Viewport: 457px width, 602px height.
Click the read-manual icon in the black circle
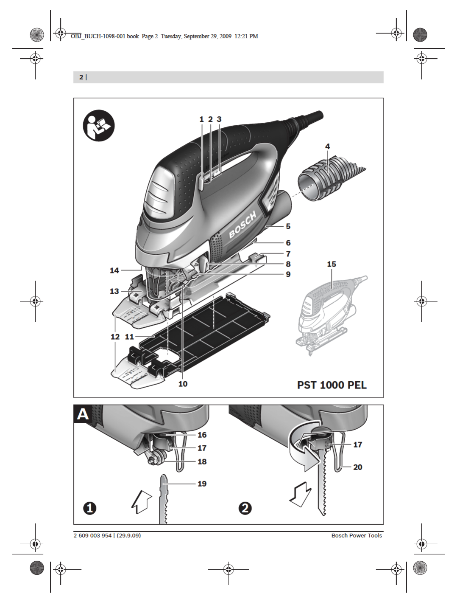click(x=99, y=125)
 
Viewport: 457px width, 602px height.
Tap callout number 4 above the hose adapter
click(x=327, y=146)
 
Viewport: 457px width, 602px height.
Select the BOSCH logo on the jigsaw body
click(x=243, y=225)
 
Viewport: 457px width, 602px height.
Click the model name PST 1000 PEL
click(x=332, y=385)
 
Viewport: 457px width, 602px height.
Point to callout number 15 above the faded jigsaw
click(x=332, y=264)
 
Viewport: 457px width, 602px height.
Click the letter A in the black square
click(x=83, y=414)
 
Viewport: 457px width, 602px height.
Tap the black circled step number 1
click(x=90, y=508)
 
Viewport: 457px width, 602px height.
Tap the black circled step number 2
click(x=245, y=508)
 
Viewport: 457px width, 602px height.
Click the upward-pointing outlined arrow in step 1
click(x=142, y=501)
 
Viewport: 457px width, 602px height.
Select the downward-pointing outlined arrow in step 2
click(x=301, y=495)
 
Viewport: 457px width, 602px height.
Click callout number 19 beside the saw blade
click(x=202, y=484)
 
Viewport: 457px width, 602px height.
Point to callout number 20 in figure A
click(x=358, y=467)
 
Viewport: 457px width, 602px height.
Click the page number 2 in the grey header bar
click(x=81, y=77)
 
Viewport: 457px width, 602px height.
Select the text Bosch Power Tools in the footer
click(x=357, y=536)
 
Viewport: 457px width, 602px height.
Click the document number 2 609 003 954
click(x=92, y=536)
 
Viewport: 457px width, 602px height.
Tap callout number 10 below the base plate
click(x=183, y=384)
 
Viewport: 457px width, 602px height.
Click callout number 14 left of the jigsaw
click(x=114, y=270)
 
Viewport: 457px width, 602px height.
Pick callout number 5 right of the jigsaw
click(x=288, y=226)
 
